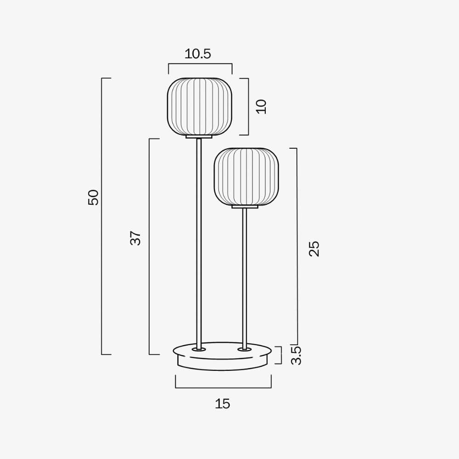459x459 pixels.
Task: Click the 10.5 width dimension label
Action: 197,54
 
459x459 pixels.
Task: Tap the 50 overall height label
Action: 93,197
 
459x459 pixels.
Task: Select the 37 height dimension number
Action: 135,237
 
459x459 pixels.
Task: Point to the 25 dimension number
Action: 314,248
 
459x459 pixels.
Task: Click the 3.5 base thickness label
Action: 297,355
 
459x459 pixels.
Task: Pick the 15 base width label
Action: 223,404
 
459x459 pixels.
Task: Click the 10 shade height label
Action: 262,106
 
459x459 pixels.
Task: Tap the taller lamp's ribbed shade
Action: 199,106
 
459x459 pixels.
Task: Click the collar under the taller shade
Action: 199,136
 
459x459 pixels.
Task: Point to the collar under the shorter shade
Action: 245,207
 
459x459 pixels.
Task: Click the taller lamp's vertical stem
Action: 199,239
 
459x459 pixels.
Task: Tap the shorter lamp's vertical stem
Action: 244,275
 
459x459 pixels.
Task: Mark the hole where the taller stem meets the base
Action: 199,350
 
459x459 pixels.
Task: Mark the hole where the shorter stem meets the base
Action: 244,350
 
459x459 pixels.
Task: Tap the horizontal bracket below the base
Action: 223,387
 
